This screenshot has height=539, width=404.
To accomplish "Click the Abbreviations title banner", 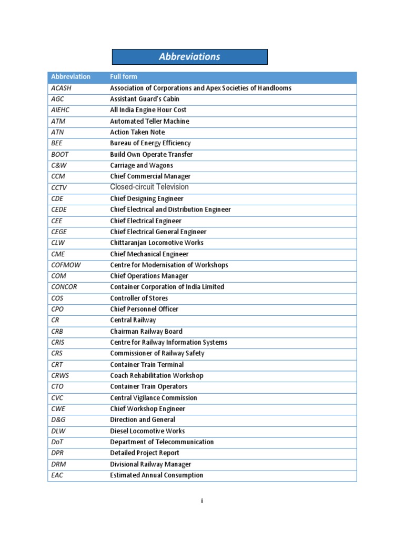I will point(190,57).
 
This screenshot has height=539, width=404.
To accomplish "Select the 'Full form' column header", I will point(124,77).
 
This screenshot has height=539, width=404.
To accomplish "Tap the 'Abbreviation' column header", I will point(70,77).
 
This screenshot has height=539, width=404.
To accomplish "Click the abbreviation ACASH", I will point(61,88).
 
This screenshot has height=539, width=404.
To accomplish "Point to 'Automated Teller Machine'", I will point(149,121).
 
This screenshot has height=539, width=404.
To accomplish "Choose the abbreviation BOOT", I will point(60,154).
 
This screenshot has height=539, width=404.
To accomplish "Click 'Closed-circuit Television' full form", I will point(149,187).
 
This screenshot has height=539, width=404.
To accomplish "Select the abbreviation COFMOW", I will point(66,265).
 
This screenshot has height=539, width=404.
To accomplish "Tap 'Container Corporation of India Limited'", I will point(167,287).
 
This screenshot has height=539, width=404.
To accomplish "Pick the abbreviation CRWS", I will point(61,375).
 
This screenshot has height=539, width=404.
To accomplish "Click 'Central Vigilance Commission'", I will point(154,398).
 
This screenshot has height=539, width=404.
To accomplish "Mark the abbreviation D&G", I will point(59,420).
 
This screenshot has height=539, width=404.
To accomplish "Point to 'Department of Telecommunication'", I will point(161,442).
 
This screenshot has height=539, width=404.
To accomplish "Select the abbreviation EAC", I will point(58,475).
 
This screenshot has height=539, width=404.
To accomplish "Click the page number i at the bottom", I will point(201,501).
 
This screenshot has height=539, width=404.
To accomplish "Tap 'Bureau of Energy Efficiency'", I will point(150,143).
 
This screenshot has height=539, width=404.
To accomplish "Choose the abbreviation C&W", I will point(59,165).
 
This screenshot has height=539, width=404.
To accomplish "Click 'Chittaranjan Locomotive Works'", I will point(156,243).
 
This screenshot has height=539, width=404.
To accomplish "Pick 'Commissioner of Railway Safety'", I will point(157,353).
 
